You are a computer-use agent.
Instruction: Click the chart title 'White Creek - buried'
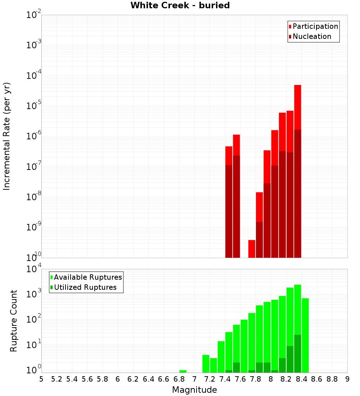180,5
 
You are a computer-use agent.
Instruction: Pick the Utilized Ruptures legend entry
85,287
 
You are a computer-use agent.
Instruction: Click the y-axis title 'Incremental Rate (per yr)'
7,136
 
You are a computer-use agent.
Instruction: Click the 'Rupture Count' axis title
14,321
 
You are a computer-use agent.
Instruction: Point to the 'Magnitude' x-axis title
194,390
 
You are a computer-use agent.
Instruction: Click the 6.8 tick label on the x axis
179,379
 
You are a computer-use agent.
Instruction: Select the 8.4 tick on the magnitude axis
301,379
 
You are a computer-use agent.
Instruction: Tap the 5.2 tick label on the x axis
57,379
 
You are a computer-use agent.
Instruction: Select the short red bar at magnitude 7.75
252,249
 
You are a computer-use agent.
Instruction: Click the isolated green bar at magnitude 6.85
183,371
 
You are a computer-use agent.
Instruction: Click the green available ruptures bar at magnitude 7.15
206,364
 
